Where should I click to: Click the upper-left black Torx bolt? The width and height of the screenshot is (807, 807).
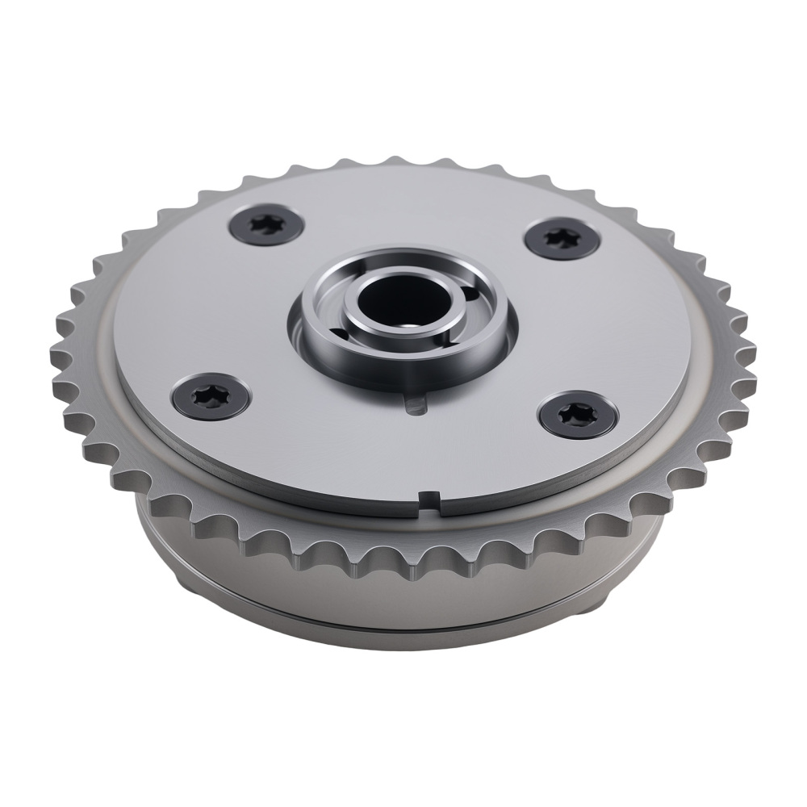[x=266, y=224]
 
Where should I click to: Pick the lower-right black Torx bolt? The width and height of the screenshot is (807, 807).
[x=578, y=415]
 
